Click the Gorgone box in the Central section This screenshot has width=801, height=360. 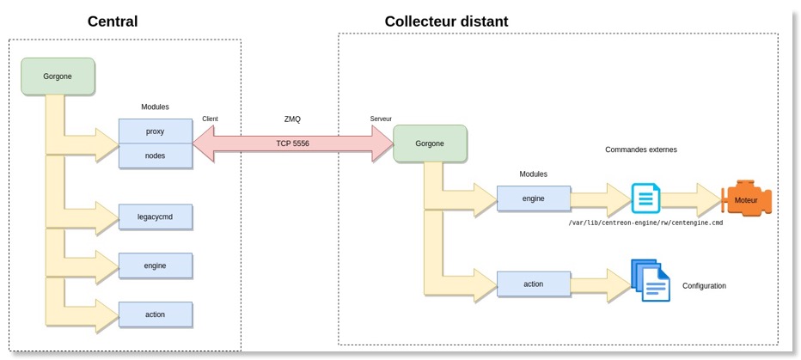pyautogui.click(x=58, y=76)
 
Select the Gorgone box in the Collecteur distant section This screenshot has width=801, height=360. pyautogui.click(x=430, y=143)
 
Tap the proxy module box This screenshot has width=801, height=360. pyautogui.click(x=155, y=131)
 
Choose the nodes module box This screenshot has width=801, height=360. pyautogui.click(x=155, y=156)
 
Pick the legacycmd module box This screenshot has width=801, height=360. pyautogui.click(x=155, y=217)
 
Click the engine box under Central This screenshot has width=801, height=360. pyautogui.click(x=155, y=265)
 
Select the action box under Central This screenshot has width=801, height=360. pyautogui.click(x=155, y=314)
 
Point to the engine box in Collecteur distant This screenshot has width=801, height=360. pyautogui.click(x=533, y=198)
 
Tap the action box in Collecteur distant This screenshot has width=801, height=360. pyautogui.click(x=533, y=283)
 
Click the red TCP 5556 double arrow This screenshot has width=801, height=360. pyautogui.click(x=293, y=143)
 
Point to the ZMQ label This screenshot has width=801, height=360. pyautogui.click(x=293, y=119)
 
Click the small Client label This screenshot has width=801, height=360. pyautogui.click(x=211, y=118)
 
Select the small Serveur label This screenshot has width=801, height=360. pyautogui.click(x=381, y=118)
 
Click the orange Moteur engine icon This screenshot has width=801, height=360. pyautogui.click(x=747, y=200)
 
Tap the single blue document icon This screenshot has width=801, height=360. pyautogui.click(x=645, y=198)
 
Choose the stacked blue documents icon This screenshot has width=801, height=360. pyautogui.click(x=651, y=280)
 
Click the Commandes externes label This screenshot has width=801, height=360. pyautogui.click(x=640, y=149)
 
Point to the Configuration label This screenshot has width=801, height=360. pyautogui.click(x=704, y=285)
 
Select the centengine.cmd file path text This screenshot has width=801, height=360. pyautogui.click(x=645, y=223)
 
